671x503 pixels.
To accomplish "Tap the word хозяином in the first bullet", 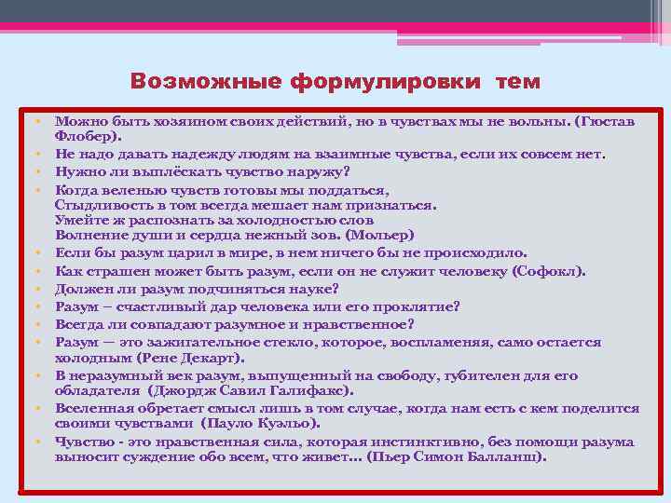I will [x=166, y=121].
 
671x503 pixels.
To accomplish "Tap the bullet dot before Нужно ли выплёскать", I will [x=43, y=170].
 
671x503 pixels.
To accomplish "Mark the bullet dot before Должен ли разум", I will [x=43, y=290].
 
